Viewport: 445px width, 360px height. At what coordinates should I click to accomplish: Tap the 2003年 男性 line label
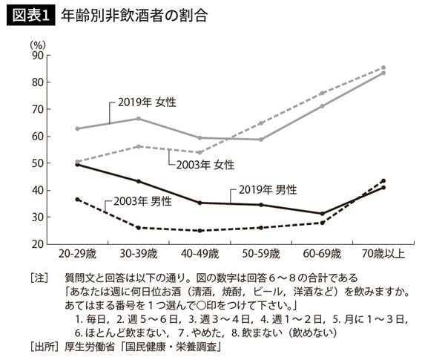[x=142, y=201]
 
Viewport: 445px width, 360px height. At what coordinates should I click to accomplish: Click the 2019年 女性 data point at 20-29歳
[x=79, y=128]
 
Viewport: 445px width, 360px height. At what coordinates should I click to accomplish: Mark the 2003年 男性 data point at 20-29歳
[x=79, y=199]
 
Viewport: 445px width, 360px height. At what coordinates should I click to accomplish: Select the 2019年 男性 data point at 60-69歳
[x=322, y=213]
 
